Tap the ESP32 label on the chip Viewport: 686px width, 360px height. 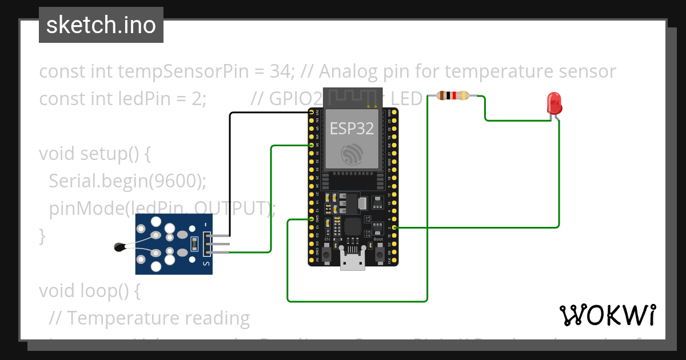tap(352, 129)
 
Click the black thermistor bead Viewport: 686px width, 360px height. tap(119, 247)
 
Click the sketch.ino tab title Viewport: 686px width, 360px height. tap(101, 25)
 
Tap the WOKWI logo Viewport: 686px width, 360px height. tap(607, 315)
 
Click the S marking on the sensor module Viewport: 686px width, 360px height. tap(206, 263)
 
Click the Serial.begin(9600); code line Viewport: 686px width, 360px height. tap(127, 181)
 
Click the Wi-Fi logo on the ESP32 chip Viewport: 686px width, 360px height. tap(352, 154)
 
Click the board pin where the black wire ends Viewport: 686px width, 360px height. tap(312, 113)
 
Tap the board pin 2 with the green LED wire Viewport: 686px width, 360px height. tap(394, 227)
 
